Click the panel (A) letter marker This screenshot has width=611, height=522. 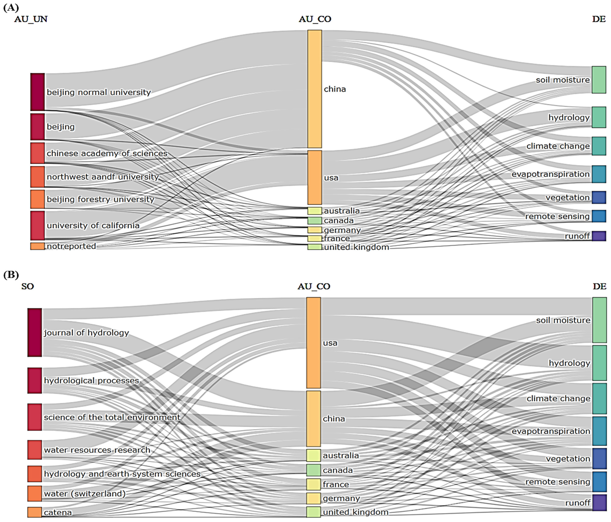point(11,8)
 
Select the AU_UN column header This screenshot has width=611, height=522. point(31,19)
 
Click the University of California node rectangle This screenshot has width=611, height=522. point(37,225)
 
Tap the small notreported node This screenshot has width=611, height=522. point(37,246)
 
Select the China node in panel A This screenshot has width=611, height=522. point(315,89)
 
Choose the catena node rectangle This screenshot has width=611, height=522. point(34,512)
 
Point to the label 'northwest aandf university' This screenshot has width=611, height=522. point(103,177)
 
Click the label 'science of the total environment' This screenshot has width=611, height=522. point(112,417)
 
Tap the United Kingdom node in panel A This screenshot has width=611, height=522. point(315,247)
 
